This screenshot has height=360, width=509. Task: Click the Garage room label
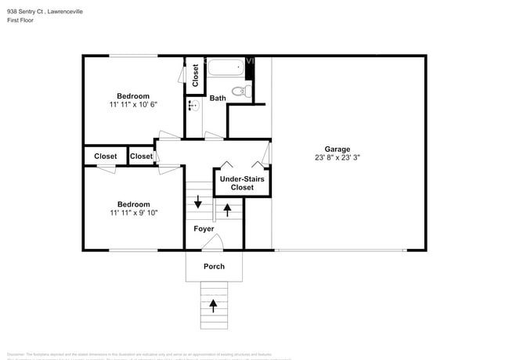coord(338,149)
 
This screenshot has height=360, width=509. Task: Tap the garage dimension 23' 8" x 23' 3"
coord(338,157)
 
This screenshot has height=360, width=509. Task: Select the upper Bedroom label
coord(133,96)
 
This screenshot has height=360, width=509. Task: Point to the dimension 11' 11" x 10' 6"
coord(134,105)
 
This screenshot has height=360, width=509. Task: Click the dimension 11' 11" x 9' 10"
coord(134,212)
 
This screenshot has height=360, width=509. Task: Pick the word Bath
coord(218,98)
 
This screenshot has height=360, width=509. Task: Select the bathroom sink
coord(193,104)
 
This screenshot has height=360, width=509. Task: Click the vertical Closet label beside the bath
coord(195,76)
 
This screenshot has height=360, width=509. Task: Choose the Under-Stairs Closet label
coord(242,183)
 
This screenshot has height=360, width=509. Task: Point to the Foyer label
coord(204,229)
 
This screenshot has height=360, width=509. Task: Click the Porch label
coord(214,266)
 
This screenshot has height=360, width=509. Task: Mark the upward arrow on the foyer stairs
coord(228,209)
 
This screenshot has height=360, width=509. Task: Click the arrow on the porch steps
coord(213,304)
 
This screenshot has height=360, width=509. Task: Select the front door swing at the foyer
coord(213,243)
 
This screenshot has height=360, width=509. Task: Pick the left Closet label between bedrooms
coord(106,157)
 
